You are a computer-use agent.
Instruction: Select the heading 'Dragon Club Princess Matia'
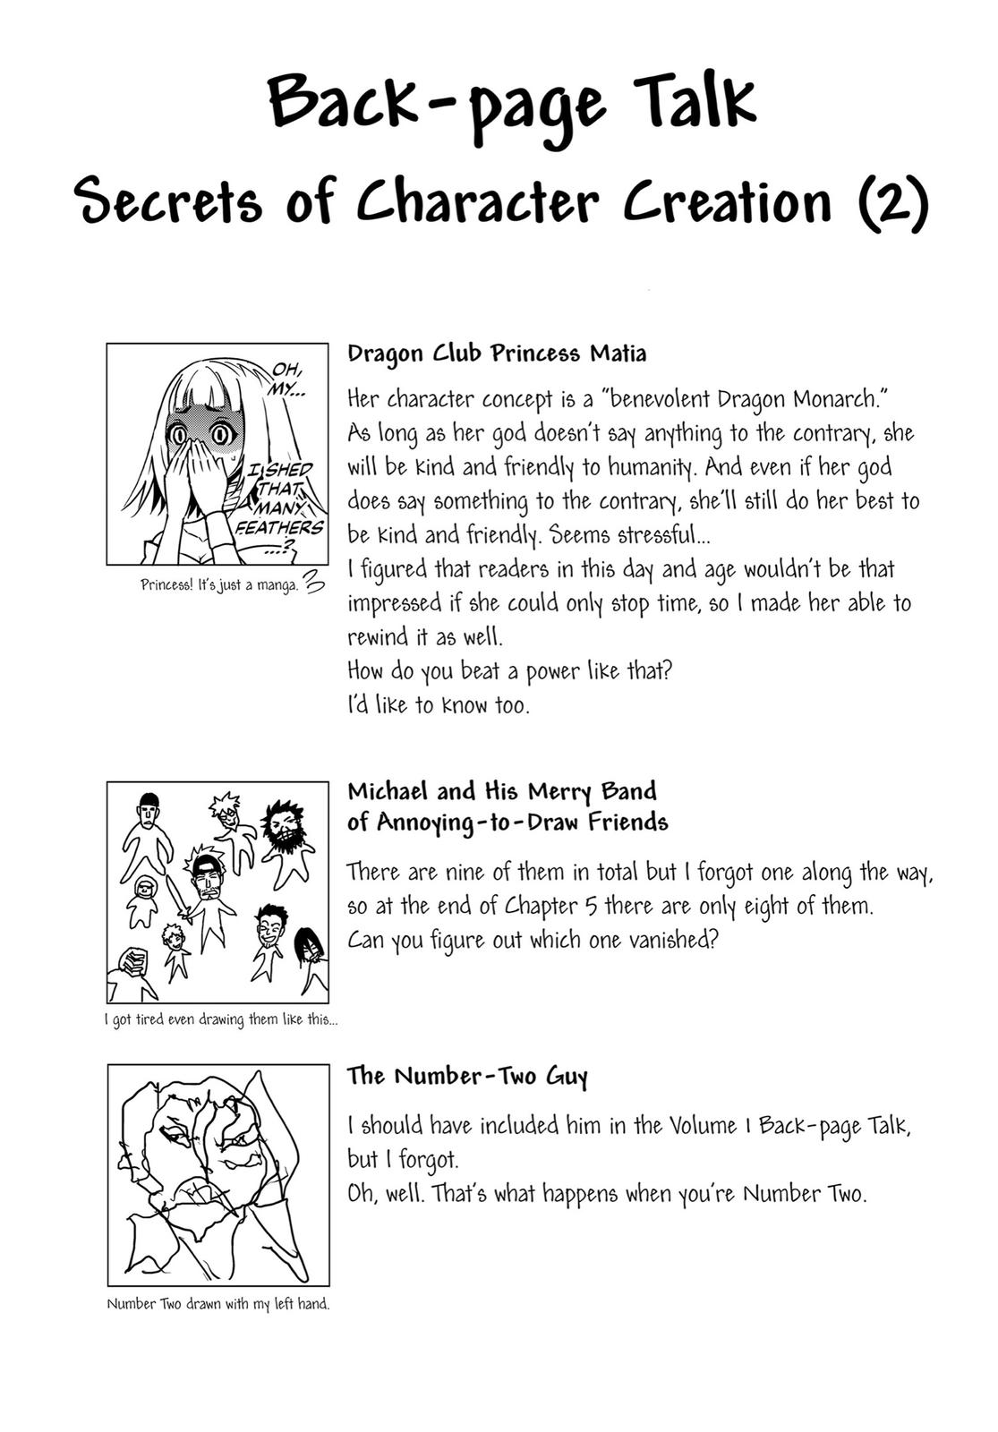point(497,354)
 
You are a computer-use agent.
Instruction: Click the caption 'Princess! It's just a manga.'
point(219,586)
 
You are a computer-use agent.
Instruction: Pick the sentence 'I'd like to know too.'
point(439,705)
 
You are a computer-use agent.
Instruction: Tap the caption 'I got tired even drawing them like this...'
point(221,1019)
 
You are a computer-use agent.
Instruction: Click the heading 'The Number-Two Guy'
point(467,1076)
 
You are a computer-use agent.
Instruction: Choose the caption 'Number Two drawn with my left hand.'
point(218,1304)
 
